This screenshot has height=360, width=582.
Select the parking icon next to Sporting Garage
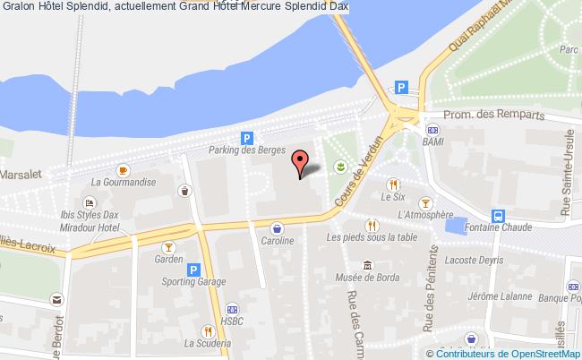pyautogui.click(x=193, y=269)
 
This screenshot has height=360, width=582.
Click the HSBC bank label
pyautogui.click(x=232, y=320)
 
